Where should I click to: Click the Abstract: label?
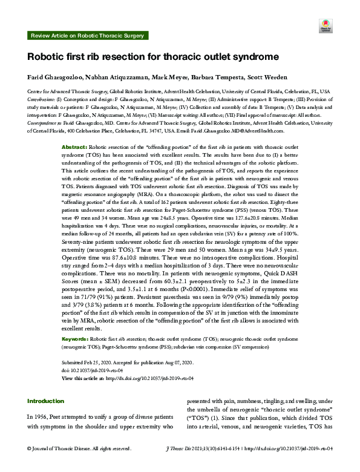(75, 148)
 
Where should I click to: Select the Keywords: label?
(76, 341)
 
